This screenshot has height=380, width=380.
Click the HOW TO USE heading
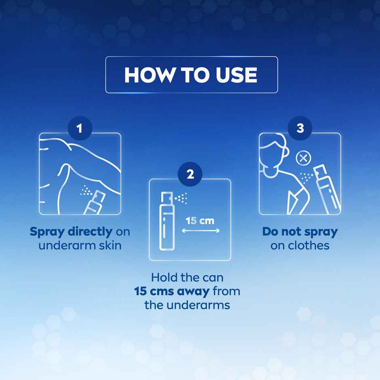point(191,75)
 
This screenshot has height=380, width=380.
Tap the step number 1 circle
point(80,129)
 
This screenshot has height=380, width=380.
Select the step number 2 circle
point(190,174)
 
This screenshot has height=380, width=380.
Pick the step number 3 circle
point(300,129)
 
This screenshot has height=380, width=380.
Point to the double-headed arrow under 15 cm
point(201,231)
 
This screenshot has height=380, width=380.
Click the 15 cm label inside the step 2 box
point(200,221)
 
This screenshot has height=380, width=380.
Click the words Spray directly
point(71,232)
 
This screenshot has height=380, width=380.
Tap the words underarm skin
point(80,245)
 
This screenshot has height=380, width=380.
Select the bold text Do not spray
point(300,232)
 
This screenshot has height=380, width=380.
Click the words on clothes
point(300,245)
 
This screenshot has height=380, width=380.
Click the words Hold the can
point(187,278)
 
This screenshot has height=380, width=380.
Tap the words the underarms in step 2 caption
point(187,304)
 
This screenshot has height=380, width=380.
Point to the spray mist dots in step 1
point(86,190)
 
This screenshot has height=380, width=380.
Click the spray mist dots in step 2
point(182,198)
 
